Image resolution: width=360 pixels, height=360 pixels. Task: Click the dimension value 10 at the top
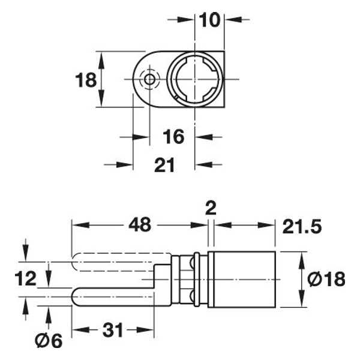209,20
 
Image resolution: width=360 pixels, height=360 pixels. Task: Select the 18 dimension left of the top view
86,80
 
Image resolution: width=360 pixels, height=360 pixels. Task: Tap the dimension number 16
173,137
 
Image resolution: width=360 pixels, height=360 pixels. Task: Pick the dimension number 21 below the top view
164,165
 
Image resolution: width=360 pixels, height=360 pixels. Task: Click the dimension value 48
140,224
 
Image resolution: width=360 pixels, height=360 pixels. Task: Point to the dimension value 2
211,208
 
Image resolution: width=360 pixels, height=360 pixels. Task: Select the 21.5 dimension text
302,227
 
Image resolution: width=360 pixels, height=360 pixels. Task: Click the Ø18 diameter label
326,279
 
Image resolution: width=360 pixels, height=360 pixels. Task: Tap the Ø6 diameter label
49,340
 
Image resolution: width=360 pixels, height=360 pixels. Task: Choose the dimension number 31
113,330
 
